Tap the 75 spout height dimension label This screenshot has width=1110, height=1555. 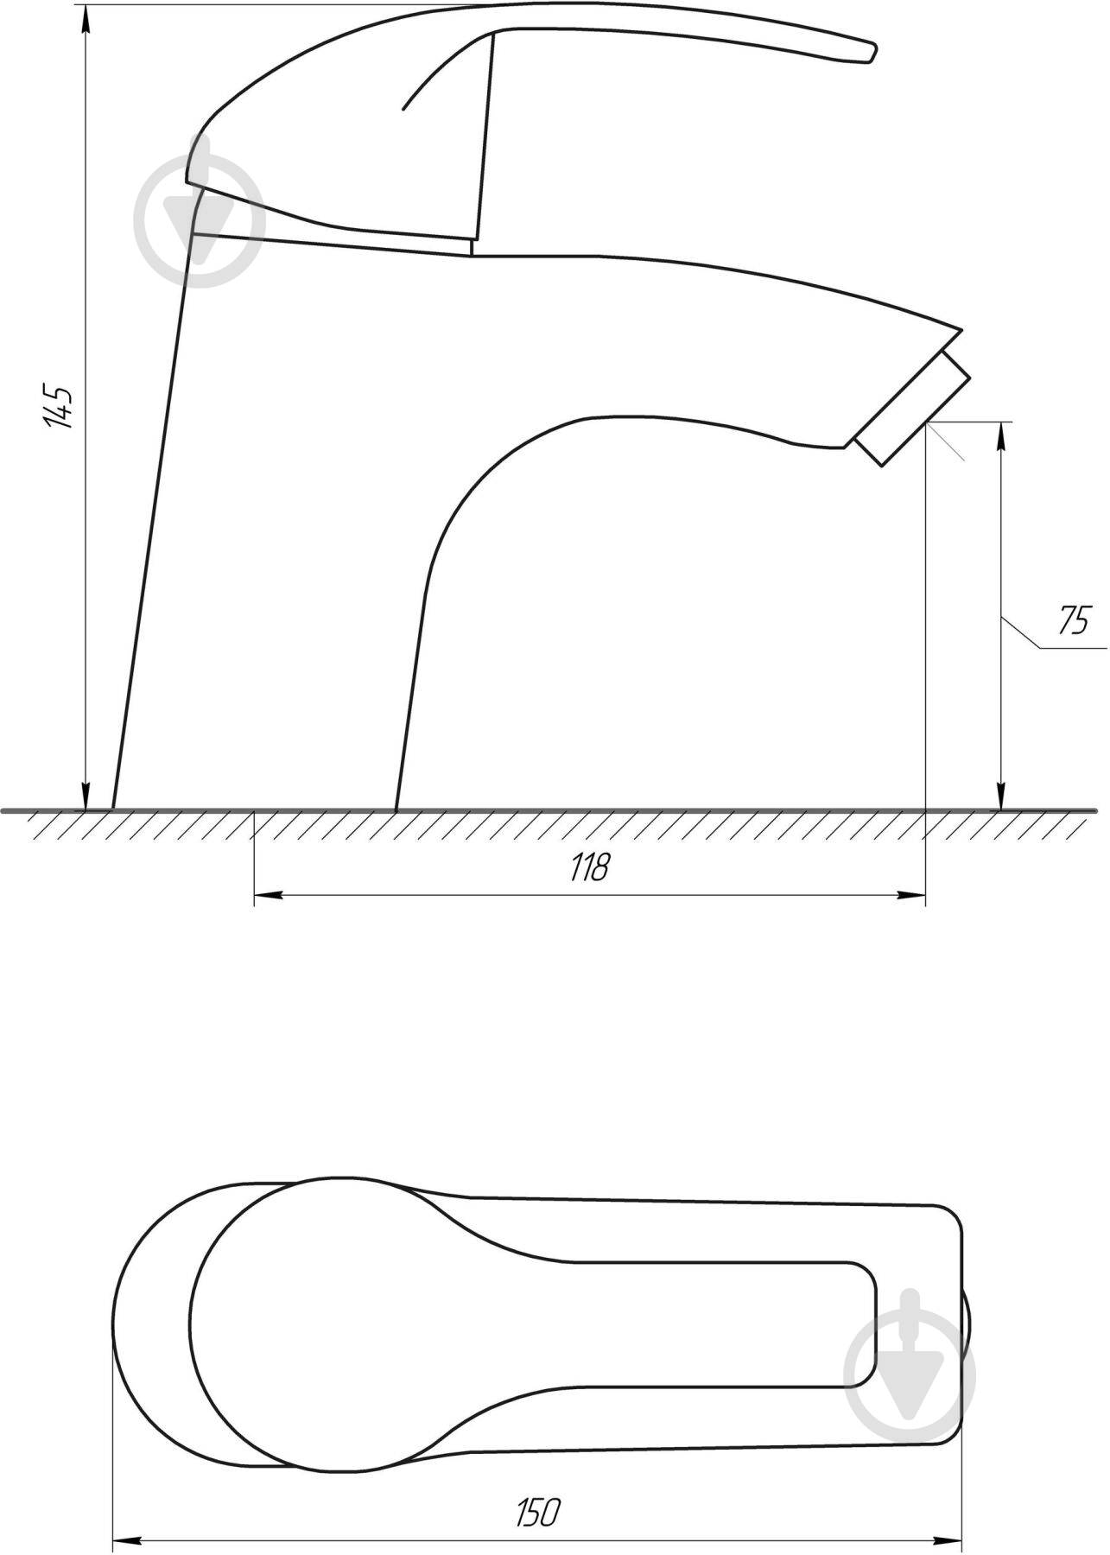pyautogui.click(x=1074, y=619)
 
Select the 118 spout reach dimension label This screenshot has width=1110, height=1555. pyautogui.click(x=590, y=866)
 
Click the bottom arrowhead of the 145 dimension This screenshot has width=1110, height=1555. pyautogui.click(x=86, y=797)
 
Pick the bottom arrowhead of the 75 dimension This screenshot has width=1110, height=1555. pyautogui.click(x=1001, y=797)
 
